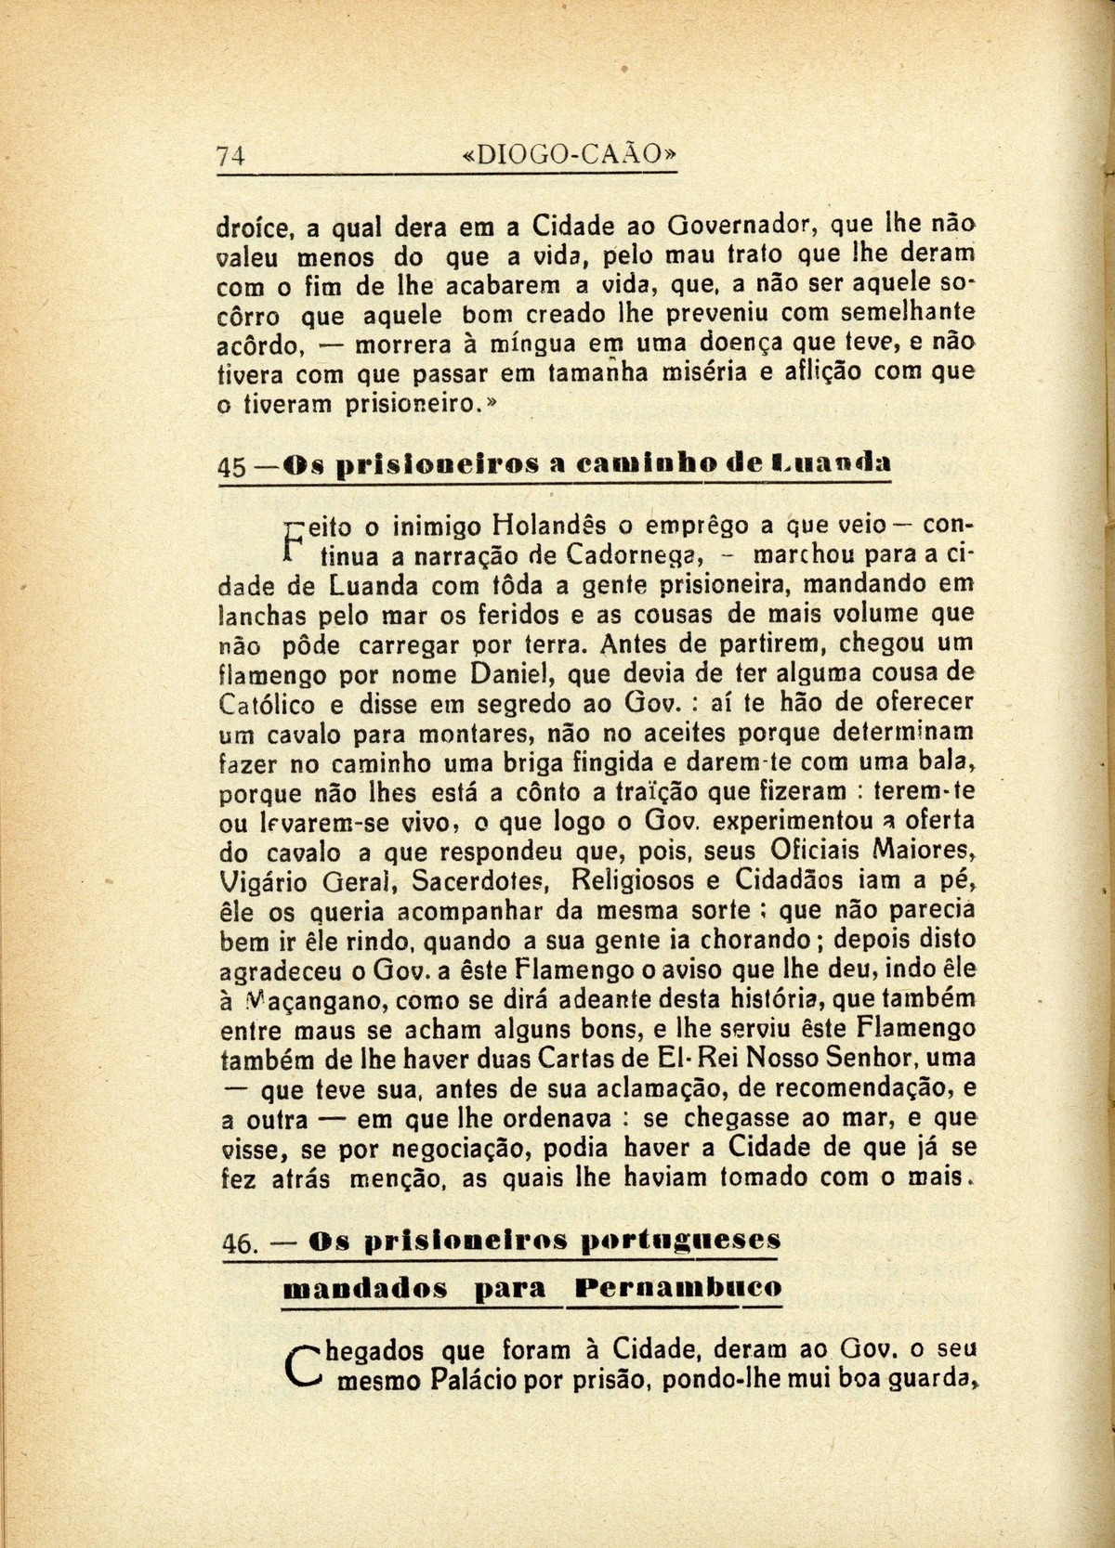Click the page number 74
click(x=230, y=156)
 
